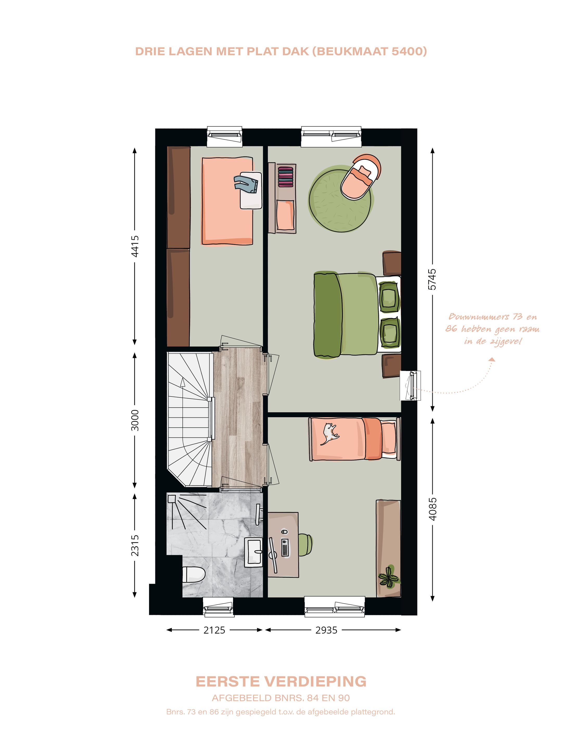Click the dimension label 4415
(x=135, y=246)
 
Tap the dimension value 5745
(x=432, y=279)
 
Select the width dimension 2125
(x=214, y=630)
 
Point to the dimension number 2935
(x=326, y=630)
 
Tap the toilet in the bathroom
(x=194, y=574)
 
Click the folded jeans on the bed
(x=246, y=184)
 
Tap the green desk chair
(x=306, y=544)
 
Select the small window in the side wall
(x=411, y=386)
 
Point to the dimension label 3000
(x=135, y=420)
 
